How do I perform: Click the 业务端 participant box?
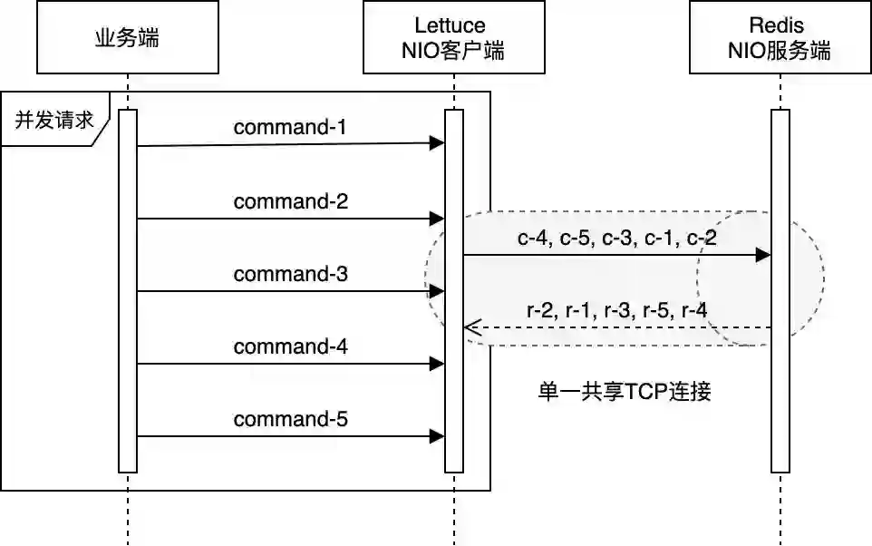128,37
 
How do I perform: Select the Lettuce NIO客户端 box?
453,37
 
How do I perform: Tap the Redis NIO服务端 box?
780,37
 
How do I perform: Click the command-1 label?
290,127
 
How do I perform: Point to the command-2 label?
290,200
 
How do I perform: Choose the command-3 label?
290,273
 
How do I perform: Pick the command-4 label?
290,346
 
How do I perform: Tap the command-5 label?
290,419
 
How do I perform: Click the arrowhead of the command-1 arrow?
438,143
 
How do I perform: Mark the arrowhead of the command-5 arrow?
438,436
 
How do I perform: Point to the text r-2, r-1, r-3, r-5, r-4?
616,310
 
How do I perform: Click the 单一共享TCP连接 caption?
625,392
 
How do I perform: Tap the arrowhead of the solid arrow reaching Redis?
763,256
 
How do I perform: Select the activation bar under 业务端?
128,290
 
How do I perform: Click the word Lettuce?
450,25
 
